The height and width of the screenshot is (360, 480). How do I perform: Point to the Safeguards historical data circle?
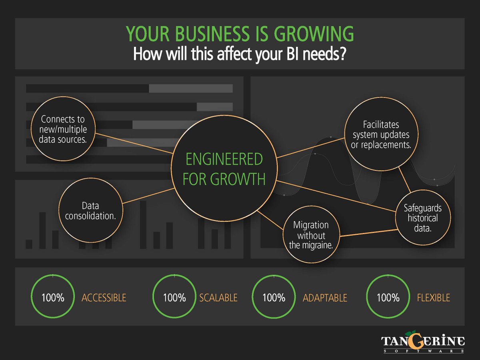pos(422,218)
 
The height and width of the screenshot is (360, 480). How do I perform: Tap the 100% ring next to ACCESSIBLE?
pos(53,298)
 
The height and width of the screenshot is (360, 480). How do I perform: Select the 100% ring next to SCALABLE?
pos(175,298)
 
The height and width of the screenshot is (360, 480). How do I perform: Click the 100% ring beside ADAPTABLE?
pos(274,298)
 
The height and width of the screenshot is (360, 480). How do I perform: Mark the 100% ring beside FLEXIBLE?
pos(388,298)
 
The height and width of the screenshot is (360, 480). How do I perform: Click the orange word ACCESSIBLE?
pos(104,298)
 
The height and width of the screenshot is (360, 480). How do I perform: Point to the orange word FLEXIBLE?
pos(433,298)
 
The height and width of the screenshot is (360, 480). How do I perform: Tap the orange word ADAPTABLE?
pos(325,298)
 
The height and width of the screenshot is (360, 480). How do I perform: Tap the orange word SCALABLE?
pos(218,298)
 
